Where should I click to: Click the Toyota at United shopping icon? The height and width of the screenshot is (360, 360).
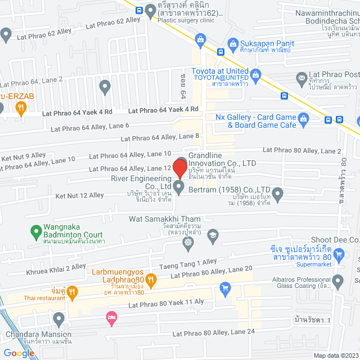tap(255, 74)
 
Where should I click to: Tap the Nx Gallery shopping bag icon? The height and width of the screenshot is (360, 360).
tap(304, 118)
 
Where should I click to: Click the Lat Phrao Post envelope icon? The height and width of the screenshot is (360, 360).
tap(302, 76)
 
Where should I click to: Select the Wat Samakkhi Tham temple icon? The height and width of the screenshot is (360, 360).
tap(188, 242)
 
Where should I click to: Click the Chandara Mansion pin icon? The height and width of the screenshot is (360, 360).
tap(58, 320)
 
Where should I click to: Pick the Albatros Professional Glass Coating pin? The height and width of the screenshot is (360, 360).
tap(337, 280)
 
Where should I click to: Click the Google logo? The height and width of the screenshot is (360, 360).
tap(19, 353)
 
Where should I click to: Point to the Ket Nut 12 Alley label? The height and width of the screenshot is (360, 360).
tap(79, 195)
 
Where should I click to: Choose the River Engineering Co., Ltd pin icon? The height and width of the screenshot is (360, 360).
tap(179, 187)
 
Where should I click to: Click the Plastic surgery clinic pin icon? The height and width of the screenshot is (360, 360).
tap(150, 10)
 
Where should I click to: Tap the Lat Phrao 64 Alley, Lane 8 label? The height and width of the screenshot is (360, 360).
tap(160, 137)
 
